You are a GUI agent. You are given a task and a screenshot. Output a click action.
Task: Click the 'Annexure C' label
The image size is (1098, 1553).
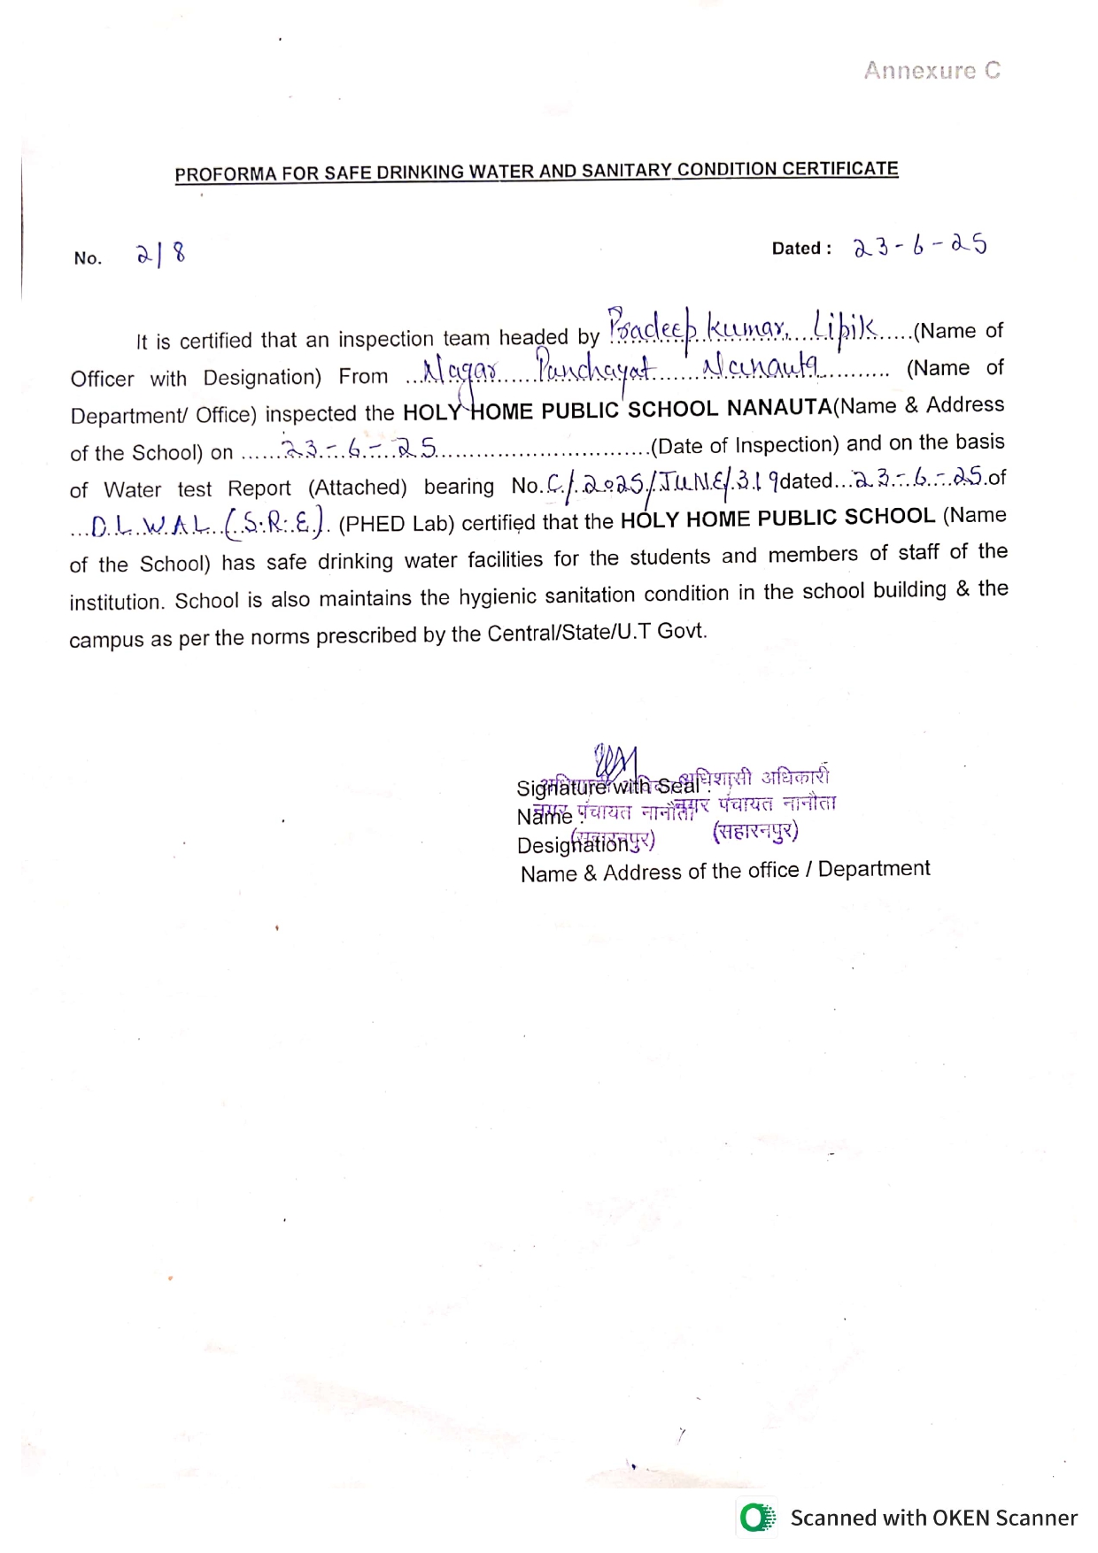pyautogui.click(x=932, y=71)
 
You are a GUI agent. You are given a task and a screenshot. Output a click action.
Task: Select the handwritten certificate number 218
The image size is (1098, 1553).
pyautogui.click(x=160, y=256)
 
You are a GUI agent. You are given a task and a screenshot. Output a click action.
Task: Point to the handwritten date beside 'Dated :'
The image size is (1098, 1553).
pyautogui.click(x=919, y=246)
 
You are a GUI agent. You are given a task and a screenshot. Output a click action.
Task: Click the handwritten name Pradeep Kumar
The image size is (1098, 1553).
pyautogui.click(x=698, y=328)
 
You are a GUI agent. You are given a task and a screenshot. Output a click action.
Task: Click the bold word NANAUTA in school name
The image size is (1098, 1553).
pyautogui.click(x=778, y=407)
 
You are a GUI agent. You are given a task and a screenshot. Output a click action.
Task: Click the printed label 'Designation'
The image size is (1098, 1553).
pyautogui.click(x=568, y=846)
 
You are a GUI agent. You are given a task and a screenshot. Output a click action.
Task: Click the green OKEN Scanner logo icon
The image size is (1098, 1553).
pyautogui.click(x=757, y=1518)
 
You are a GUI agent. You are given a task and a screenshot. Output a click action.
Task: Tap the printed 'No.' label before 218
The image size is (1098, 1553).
pyautogui.click(x=88, y=258)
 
